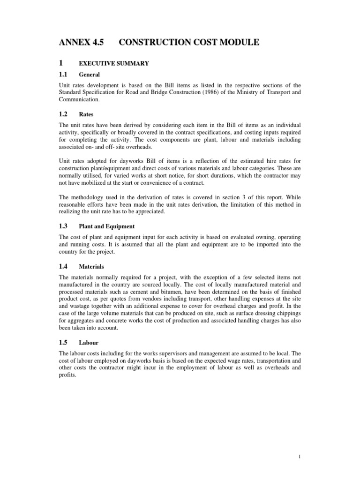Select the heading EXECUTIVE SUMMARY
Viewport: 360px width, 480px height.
[x=114, y=64]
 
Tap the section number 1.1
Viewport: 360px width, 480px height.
[x=63, y=74]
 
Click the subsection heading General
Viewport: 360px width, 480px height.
[x=90, y=75]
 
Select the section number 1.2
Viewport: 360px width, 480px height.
[x=63, y=114]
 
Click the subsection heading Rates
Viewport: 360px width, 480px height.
[x=87, y=114]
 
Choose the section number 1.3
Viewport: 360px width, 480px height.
[x=63, y=226]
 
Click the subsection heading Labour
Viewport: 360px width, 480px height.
[x=89, y=343]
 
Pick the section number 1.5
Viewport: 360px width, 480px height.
[x=63, y=342]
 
